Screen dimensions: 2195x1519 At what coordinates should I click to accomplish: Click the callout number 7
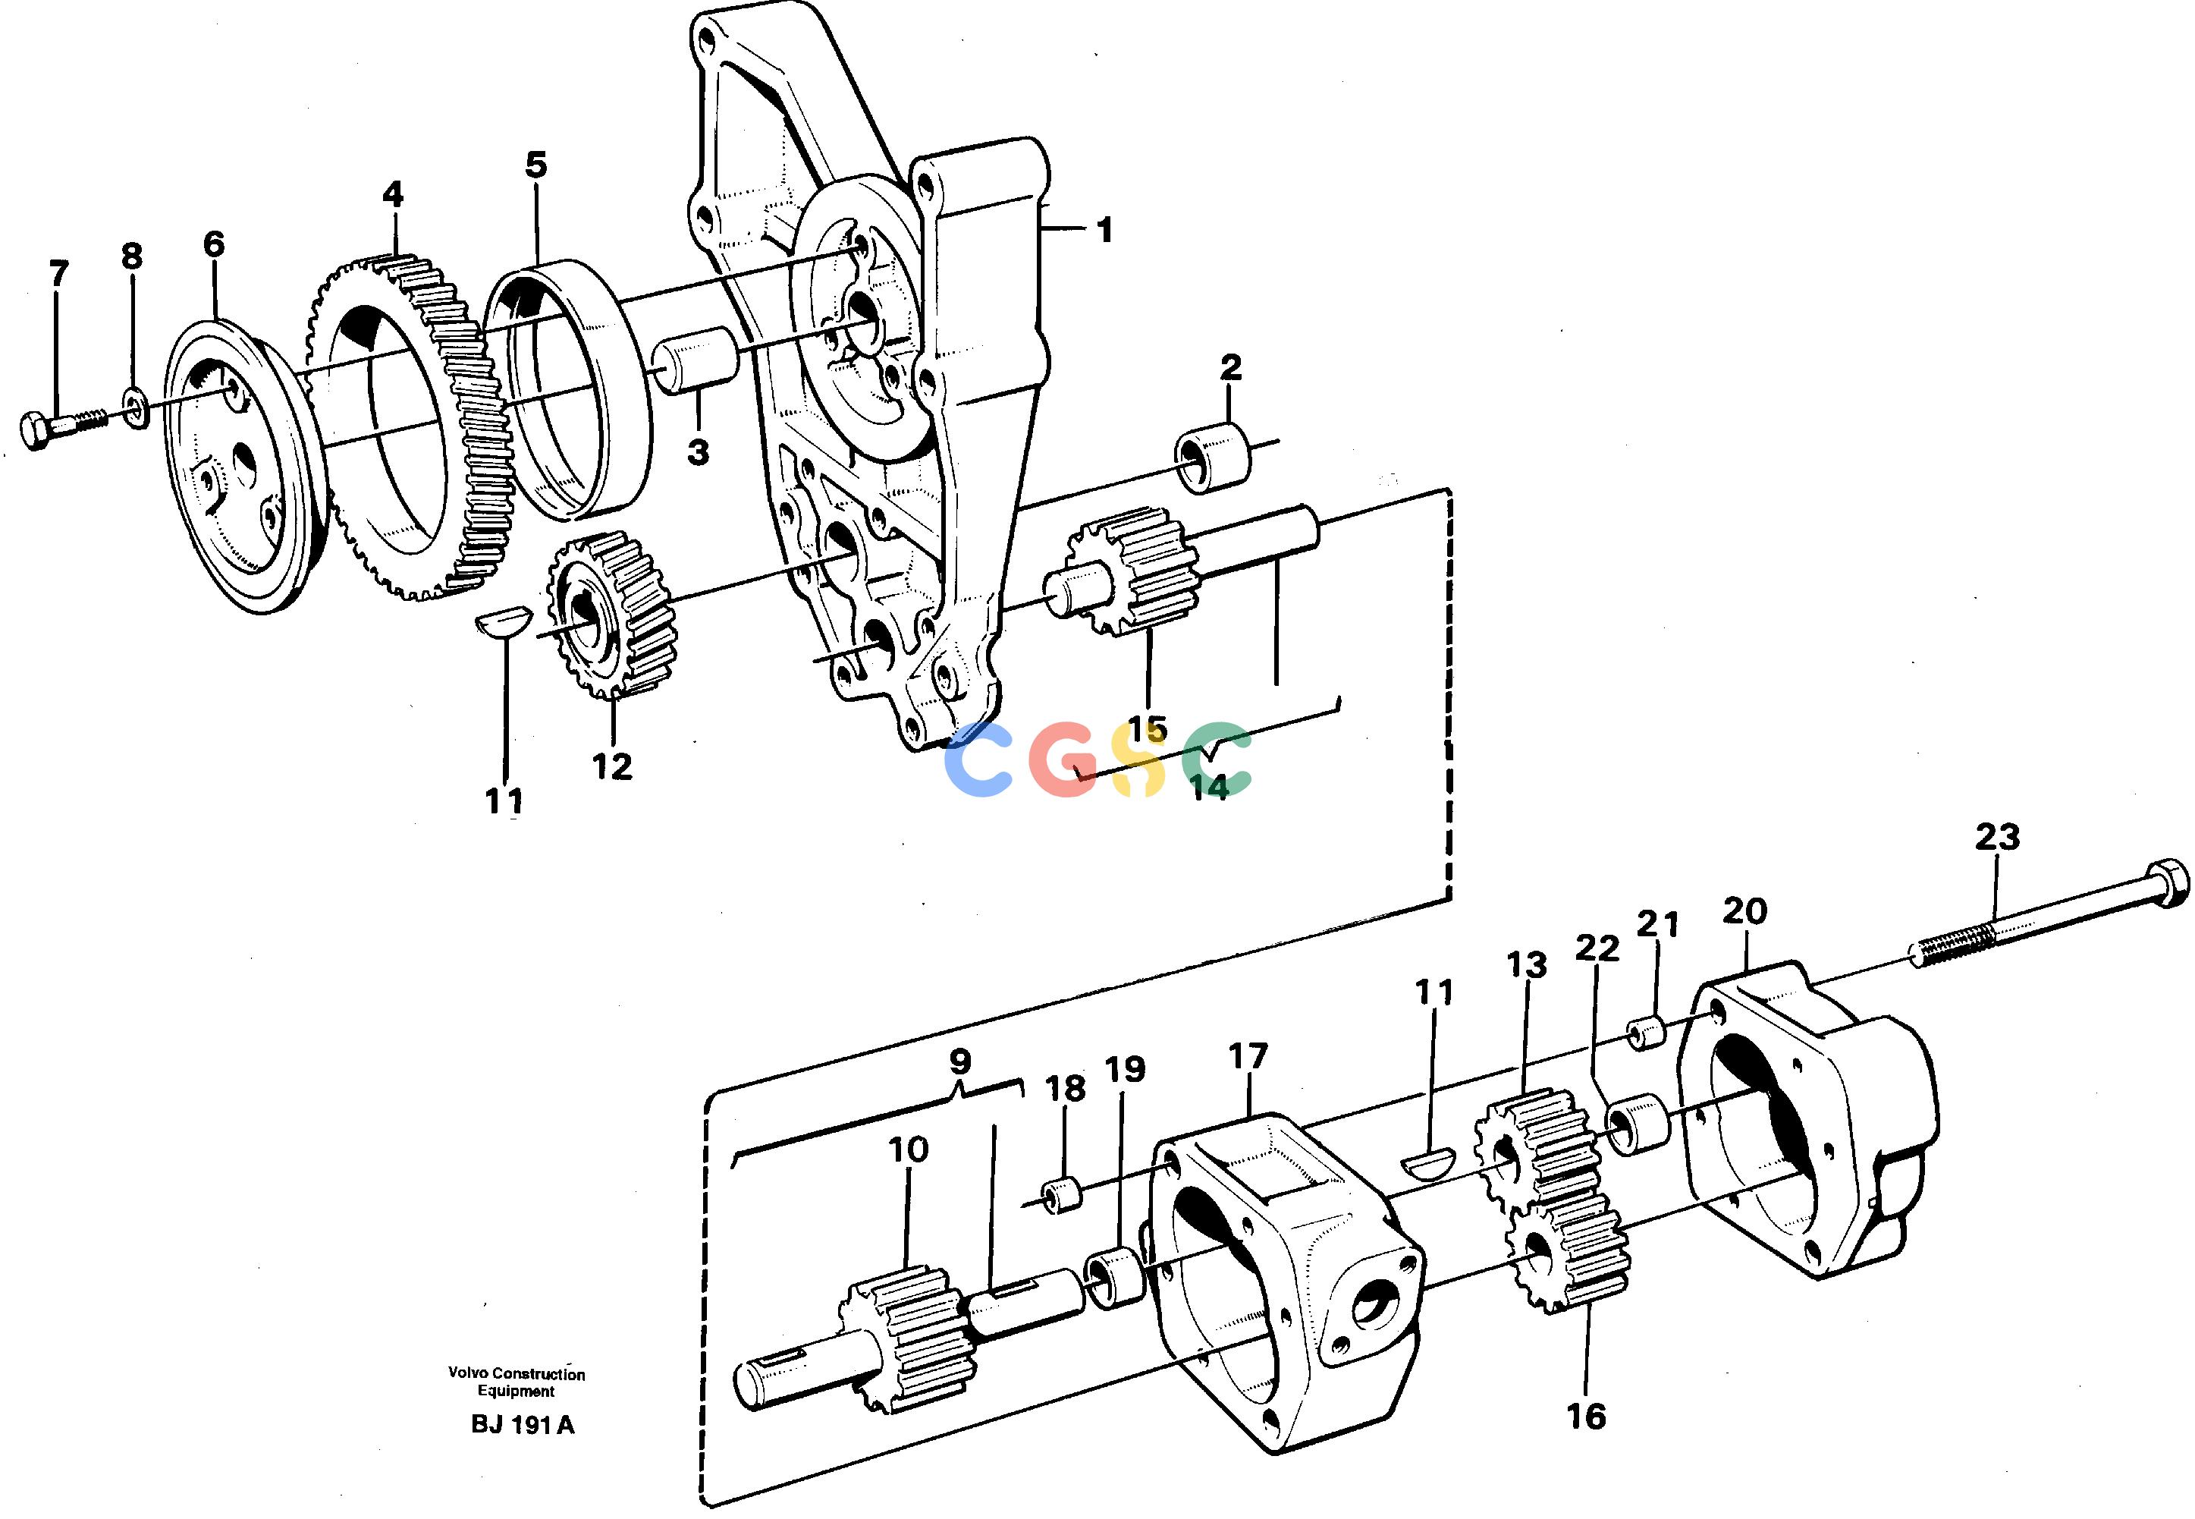click(59, 274)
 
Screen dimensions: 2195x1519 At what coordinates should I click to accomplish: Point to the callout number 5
click(537, 165)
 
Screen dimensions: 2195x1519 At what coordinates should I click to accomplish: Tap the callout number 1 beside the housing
click(1104, 231)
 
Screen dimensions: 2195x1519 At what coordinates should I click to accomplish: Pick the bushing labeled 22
click(1638, 1125)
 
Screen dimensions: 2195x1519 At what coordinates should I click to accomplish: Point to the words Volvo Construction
click(517, 1374)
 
